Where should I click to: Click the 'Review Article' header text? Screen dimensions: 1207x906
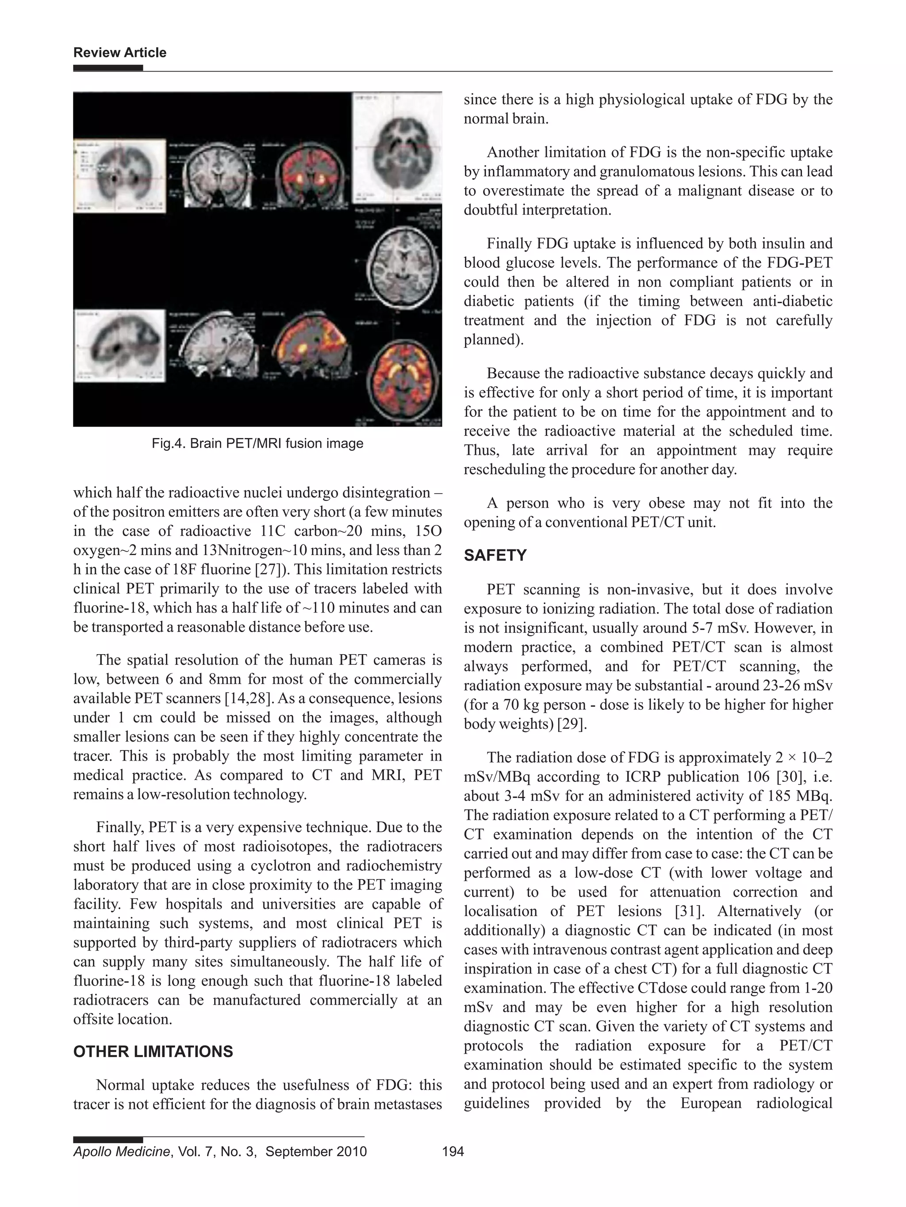(119, 53)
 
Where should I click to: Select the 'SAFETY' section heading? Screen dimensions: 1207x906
(495, 556)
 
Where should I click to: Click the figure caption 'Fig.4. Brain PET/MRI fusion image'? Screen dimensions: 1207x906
(257, 443)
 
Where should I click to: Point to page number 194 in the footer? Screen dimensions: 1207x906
(453, 1151)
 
